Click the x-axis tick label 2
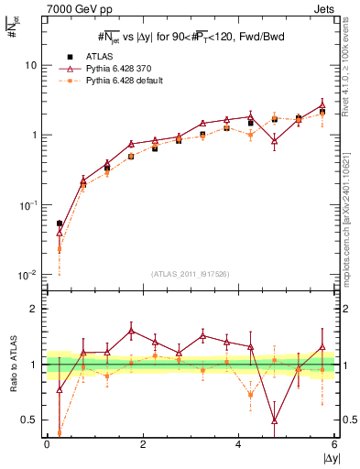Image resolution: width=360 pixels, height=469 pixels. [x=143, y=444]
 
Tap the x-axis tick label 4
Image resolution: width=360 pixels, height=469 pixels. [x=238, y=444]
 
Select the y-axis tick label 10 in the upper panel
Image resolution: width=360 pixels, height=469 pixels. [x=31, y=66]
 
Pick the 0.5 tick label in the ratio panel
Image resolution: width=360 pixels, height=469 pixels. [x=29, y=420]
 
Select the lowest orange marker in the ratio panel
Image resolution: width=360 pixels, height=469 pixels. [x=60, y=433]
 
